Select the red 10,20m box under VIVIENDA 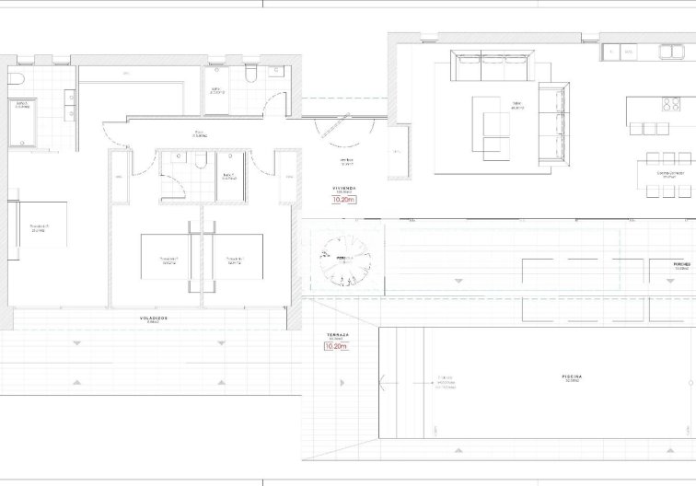pyautogui.click(x=343, y=198)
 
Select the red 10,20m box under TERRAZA pyautogui.click(x=337, y=346)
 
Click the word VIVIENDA pyautogui.click(x=343, y=188)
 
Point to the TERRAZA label pyautogui.click(x=336, y=335)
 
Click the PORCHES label pyautogui.click(x=682, y=263)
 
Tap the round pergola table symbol pyautogui.click(x=343, y=257)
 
